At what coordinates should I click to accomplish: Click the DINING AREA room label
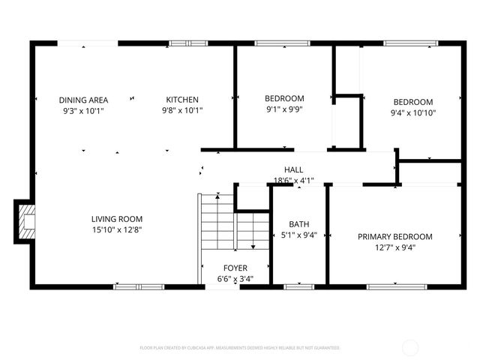[83, 100]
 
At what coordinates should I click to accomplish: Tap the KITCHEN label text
[182, 100]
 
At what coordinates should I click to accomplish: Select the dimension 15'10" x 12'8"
[117, 229]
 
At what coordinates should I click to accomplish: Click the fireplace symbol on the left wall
[25, 221]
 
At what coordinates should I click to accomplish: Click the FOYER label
[235, 268]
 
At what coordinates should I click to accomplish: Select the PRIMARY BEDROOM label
[394, 236]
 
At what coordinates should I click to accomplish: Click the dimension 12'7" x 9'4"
[394, 247]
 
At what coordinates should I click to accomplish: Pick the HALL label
[293, 169]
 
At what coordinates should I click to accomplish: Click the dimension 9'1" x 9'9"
[284, 109]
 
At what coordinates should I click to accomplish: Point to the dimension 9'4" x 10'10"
[413, 113]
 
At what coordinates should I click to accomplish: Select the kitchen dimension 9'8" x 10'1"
[182, 110]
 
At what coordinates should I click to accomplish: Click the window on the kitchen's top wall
[187, 43]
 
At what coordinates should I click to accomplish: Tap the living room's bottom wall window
[139, 286]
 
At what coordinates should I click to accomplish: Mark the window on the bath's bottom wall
[299, 286]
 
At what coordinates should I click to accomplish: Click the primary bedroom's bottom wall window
[392, 286]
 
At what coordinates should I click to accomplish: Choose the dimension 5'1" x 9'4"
[299, 235]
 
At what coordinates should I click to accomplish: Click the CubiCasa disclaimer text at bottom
[240, 348]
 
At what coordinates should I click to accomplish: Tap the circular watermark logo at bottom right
[411, 347]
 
